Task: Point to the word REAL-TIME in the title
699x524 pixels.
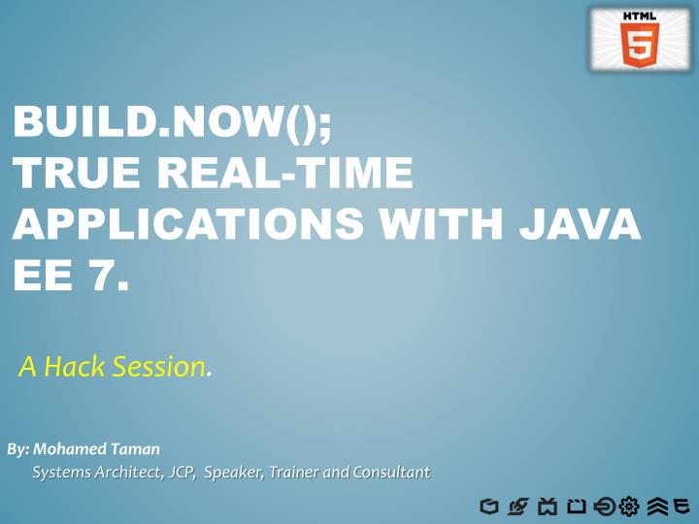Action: click(x=284, y=178)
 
